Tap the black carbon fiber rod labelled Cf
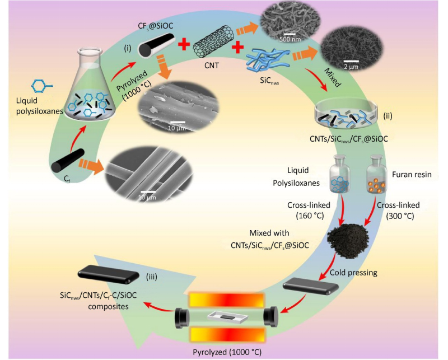pyautogui.click(x=70, y=160)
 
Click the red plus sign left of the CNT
pyautogui.click(x=181, y=45)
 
